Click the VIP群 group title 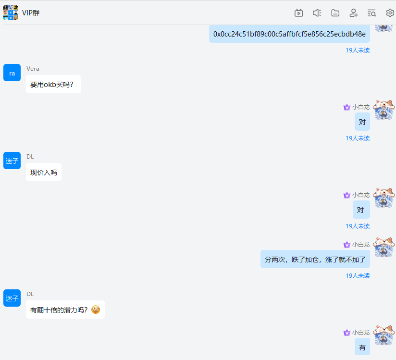(x=31, y=13)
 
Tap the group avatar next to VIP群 (x=11, y=12)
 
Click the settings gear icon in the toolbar (x=390, y=13)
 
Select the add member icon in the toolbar (x=354, y=13)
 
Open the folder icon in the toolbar (x=335, y=13)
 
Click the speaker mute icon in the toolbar (x=317, y=13)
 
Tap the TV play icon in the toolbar (x=299, y=13)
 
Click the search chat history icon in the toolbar (x=371, y=13)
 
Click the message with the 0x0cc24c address (x=289, y=34)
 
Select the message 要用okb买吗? (x=53, y=85)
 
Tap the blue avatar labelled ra (x=12, y=73)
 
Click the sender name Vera (x=33, y=69)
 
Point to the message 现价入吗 (x=44, y=173)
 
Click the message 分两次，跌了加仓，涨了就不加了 (x=315, y=260)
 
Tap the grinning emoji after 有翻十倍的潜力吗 (x=96, y=310)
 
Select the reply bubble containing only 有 (x=362, y=348)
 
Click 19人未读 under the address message (x=358, y=50)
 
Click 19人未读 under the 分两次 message (x=358, y=276)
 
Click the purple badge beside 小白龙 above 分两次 (x=347, y=245)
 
